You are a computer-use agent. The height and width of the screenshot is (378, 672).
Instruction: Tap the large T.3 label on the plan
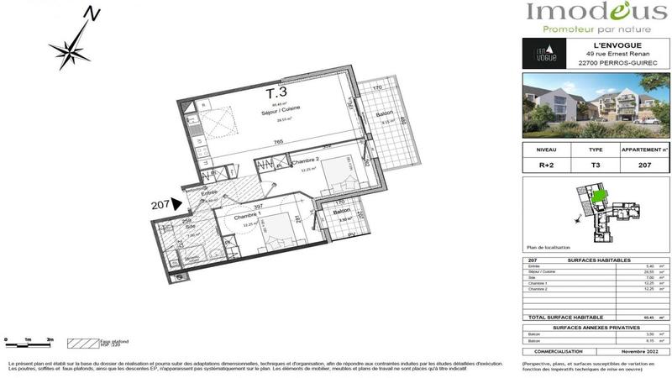276,92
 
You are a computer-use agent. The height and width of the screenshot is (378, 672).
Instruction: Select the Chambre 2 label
306,160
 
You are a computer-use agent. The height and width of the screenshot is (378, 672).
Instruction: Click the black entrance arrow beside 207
176,202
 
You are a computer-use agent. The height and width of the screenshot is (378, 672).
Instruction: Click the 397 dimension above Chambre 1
259,205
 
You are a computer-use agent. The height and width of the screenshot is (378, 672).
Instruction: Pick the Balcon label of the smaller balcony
339,213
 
